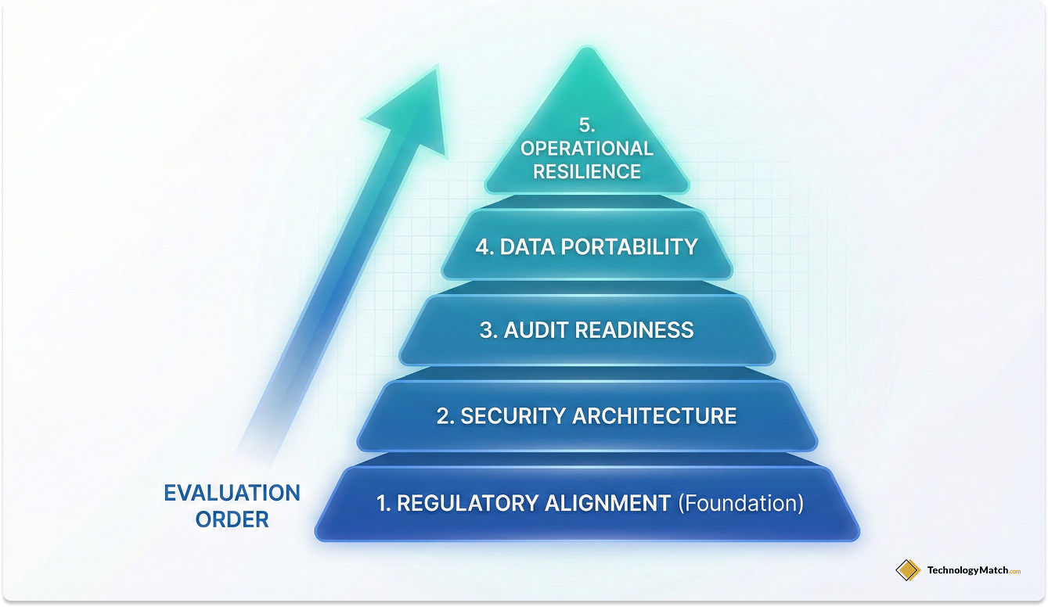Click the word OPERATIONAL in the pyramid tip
click(x=587, y=148)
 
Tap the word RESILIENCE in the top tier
click(x=587, y=171)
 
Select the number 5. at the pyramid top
click(x=587, y=125)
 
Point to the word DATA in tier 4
click(x=523, y=247)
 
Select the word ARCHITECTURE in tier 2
click(x=654, y=415)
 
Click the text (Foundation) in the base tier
click(x=740, y=503)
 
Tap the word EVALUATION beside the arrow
click(x=232, y=494)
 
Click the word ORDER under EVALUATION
click(x=232, y=519)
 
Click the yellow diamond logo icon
click(x=908, y=570)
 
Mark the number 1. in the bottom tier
click(x=384, y=503)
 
